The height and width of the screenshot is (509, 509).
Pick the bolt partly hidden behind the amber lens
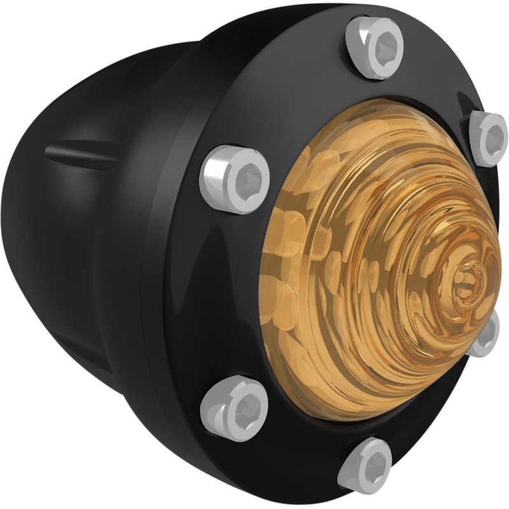pyautogui.click(x=486, y=335)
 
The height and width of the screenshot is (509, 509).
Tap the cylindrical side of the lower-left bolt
pyautogui.click(x=213, y=407)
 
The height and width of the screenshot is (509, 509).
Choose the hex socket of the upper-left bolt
pyautogui.click(x=246, y=180)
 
